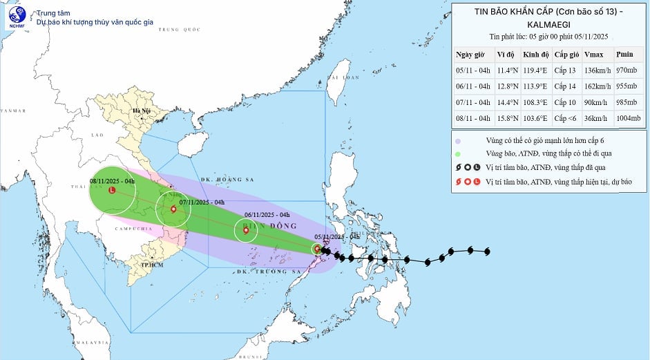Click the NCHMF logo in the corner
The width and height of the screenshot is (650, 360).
click(15, 17)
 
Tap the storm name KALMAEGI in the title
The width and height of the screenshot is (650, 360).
click(550, 23)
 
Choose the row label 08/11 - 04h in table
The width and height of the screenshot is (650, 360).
click(473, 119)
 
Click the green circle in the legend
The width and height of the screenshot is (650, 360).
click(459, 153)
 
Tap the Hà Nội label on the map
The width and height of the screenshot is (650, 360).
click(141, 111)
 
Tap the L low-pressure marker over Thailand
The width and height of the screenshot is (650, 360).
click(112, 191)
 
